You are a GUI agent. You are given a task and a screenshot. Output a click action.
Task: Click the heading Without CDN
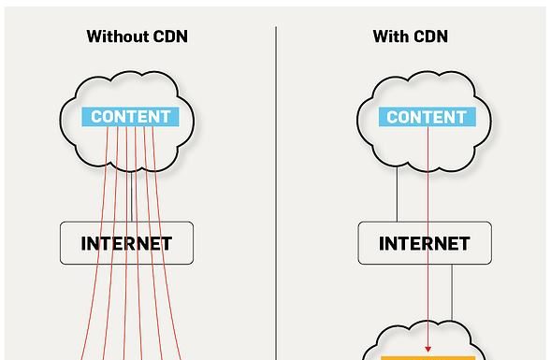(x=137, y=37)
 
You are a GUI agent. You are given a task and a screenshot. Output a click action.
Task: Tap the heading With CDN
(x=410, y=37)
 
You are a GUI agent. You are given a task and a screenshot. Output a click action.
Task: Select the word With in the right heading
(x=390, y=37)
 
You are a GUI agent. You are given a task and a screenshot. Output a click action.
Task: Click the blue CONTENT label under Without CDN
(x=131, y=117)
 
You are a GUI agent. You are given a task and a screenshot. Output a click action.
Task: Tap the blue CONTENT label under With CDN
(x=427, y=117)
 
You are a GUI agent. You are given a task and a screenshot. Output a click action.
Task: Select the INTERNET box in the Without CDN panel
(x=126, y=243)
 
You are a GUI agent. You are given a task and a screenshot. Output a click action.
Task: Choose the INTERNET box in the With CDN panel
(x=425, y=243)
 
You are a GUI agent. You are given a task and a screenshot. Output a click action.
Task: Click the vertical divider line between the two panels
(x=276, y=187)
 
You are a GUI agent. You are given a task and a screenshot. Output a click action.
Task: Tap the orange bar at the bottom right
(x=428, y=357)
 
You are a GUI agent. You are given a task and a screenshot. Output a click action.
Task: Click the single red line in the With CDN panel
(x=428, y=187)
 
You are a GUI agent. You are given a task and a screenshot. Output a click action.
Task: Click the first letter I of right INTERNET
(x=382, y=244)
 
